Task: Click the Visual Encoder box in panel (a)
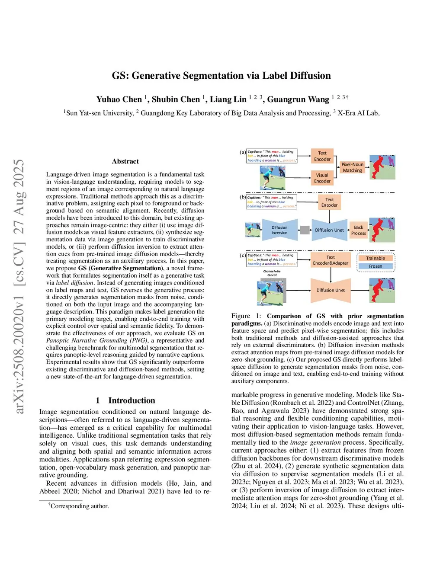click(x=322, y=178)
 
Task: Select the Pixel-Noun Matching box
click(x=352, y=167)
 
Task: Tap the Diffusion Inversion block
click(x=279, y=230)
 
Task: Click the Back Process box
click(x=359, y=230)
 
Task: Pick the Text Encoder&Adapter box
click(x=331, y=260)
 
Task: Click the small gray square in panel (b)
click(x=305, y=230)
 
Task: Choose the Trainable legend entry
click(x=376, y=258)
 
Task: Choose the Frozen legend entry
click(x=376, y=266)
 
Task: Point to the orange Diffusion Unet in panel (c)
click(x=331, y=290)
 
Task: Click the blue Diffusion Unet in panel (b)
click(x=329, y=230)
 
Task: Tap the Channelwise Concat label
click(x=272, y=273)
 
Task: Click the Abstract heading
click(x=125, y=161)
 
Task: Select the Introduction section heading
click(x=132, y=400)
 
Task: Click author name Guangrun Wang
click(x=298, y=99)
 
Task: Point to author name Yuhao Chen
click(x=119, y=99)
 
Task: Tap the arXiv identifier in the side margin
click(x=19, y=286)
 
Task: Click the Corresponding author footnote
click(x=79, y=506)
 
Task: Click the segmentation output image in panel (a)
click(x=382, y=167)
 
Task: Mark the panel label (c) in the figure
click(x=243, y=255)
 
